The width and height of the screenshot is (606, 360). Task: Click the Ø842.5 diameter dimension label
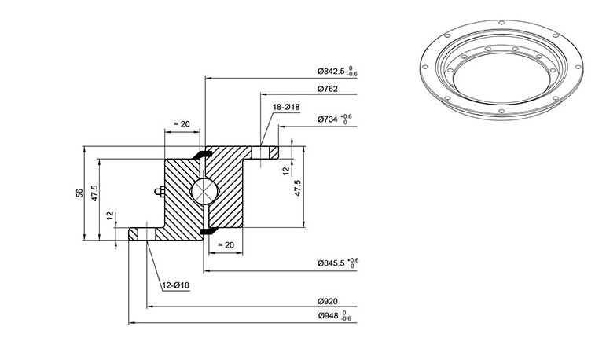pyautogui.click(x=331, y=72)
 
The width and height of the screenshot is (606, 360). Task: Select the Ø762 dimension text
pyautogui.click(x=328, y=89)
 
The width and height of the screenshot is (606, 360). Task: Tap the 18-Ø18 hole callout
pyautogui.click(x=286, y=107)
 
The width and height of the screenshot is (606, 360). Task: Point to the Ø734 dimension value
pyautogui.click(x=328, y=119)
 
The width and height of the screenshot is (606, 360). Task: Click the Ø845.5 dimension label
pyautogui.click(x=331, y=263)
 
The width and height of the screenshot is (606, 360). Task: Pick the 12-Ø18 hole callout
pyautogui.click(x=176, y=285)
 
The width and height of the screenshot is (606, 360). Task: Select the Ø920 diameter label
pyautogui.click(x=328, y=301)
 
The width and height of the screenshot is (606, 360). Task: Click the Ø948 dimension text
pyautogui.click(x=328, y=315)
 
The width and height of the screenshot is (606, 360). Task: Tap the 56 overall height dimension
pyautogui.click(x=79, y=193)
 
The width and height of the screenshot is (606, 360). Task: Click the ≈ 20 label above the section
pyautogui.click(x=182, y=124)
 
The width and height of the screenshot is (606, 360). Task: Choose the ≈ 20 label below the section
pyautogui.click(x=226, y=244)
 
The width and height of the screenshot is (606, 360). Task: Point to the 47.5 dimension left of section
pyautogui.click(x=94, y=193)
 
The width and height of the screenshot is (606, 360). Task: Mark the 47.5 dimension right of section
pyautogui.click(x=298, y=188)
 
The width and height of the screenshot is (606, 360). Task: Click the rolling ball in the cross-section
pyautogui.click(x=204, y=191)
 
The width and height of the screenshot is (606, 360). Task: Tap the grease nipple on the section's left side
pyautogui.click(x=160, y=191)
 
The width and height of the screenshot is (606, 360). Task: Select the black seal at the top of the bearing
pyautogui.click(x=203, y=154)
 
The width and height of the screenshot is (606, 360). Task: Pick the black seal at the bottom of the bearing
pyautogui.click(x=208, y=230)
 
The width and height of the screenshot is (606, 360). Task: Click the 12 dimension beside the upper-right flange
pyautogui.click(x=286, y=171)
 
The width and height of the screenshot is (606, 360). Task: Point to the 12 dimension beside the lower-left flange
pyautogui.click(x=110, y=215)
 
